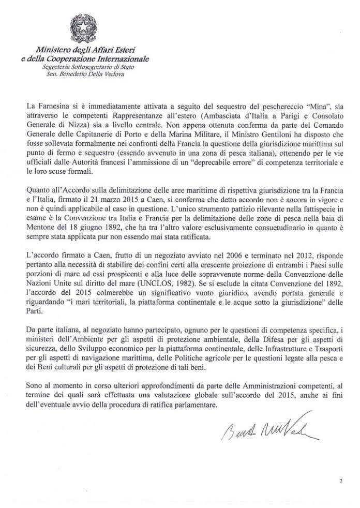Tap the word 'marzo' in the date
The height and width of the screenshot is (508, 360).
point(130,184)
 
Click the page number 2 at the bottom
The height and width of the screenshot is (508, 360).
point(340,481)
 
